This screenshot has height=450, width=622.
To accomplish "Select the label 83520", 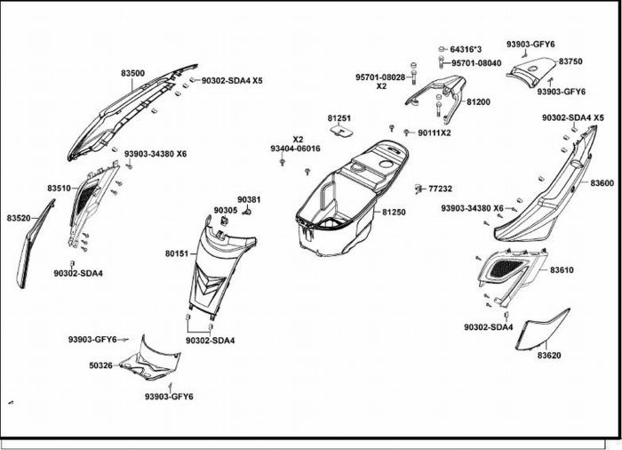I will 19,217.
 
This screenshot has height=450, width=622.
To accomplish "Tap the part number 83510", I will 60,189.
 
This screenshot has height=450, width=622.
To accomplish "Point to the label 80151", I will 176,253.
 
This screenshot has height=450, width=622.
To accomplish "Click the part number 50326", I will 100,365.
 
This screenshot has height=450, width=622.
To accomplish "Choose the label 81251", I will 339,118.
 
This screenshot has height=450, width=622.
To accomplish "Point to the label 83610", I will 562,269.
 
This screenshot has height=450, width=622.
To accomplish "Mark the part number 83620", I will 549,355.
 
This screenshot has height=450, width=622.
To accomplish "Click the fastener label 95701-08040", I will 476,63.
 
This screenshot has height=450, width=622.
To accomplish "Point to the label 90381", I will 249,199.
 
